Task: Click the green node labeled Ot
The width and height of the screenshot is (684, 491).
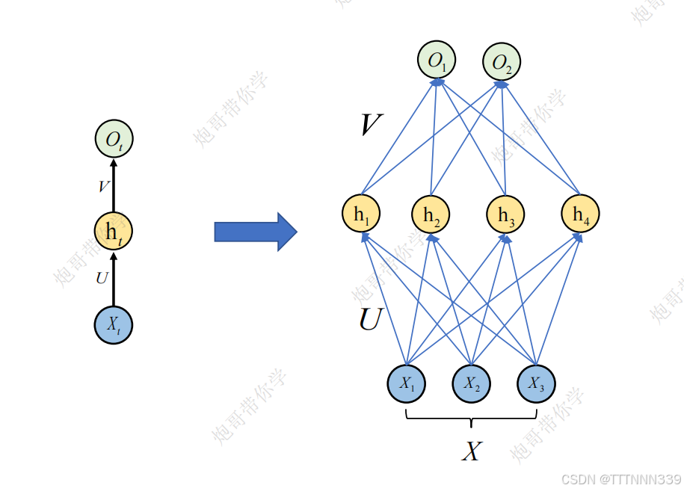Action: pyautogui.click(x=114, y=139)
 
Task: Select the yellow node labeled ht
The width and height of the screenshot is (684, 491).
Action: pyautogui.click(x=114, y=232)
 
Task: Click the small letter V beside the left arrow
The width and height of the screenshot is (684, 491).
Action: pyautogui.click(x=103, y=186)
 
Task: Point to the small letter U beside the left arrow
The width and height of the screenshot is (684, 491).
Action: pyautogui.click(x=102, y=279)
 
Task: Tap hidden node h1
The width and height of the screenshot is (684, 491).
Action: pyautogui.click(x=361, y=214)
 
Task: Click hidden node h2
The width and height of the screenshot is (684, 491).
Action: pyautogui.click(x=431, y=215)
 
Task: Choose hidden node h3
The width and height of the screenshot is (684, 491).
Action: pyautogui.click(x=506, y=214)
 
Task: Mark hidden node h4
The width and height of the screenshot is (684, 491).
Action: pyautogui.click(x=581, y=214)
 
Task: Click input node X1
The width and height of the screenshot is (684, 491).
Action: pyautogui.click(x=407, y=383)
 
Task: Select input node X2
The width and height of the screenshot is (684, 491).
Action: pyautogui.click(x=471, y=383)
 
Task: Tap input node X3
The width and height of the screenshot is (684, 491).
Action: pyautogui.click(x=536, y=383)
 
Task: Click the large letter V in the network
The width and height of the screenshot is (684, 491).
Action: pyautogui.click(x=370, y=125)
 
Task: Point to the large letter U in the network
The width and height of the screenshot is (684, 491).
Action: pyautogui.click(x=370, y=320)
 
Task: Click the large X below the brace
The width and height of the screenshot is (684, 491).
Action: pyautogui.click(x=471, y=451)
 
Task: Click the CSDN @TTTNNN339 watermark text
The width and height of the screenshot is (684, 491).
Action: pyautogui.click(x=621, y=479)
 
